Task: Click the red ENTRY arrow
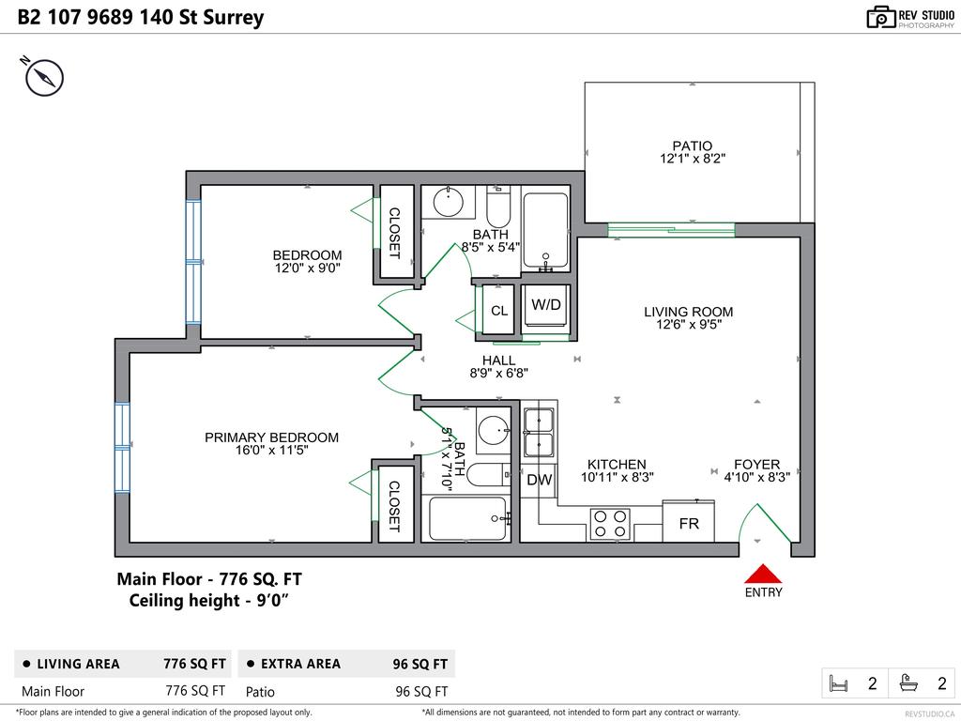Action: [763, 574]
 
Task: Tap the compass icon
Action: [43, 76]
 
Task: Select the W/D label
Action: [545, 305]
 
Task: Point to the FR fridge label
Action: [689, 524]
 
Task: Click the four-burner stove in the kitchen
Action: [610, 524]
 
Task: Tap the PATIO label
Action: [692, 146]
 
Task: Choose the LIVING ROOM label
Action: [688, 312]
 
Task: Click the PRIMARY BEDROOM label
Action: [271, 437]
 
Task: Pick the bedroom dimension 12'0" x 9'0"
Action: [307, 268]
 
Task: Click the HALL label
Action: [498, 360]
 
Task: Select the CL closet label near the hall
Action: [499, 311]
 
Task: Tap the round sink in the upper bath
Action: [450, 199]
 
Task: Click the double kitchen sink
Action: [539, 432]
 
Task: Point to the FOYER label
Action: [756, 464]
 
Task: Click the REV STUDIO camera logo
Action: [880, 17]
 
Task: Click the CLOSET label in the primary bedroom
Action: [394, 507]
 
